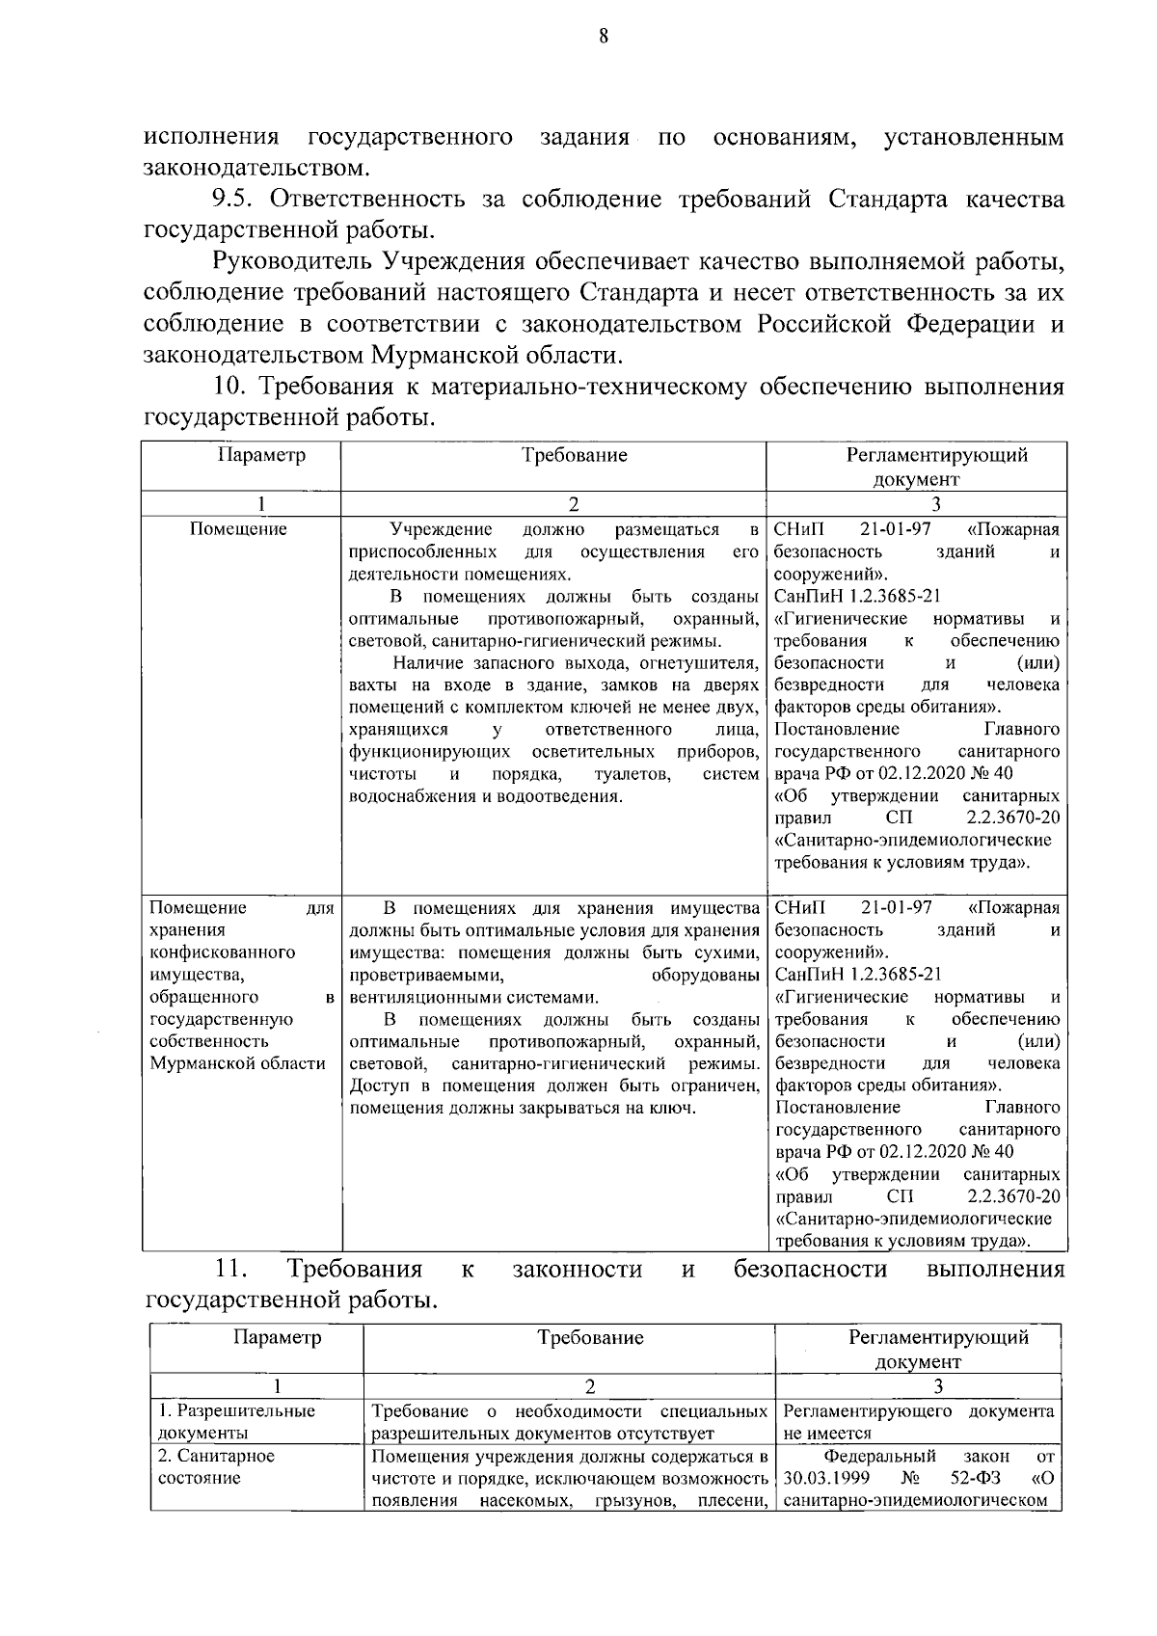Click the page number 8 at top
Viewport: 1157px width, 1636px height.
pos(604,37)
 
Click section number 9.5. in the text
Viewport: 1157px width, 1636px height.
pos(236,201)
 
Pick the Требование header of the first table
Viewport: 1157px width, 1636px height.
pos(574,455)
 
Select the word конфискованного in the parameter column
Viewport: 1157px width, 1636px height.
pos(222,952)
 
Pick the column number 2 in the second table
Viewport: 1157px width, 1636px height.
pos(590,1386)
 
